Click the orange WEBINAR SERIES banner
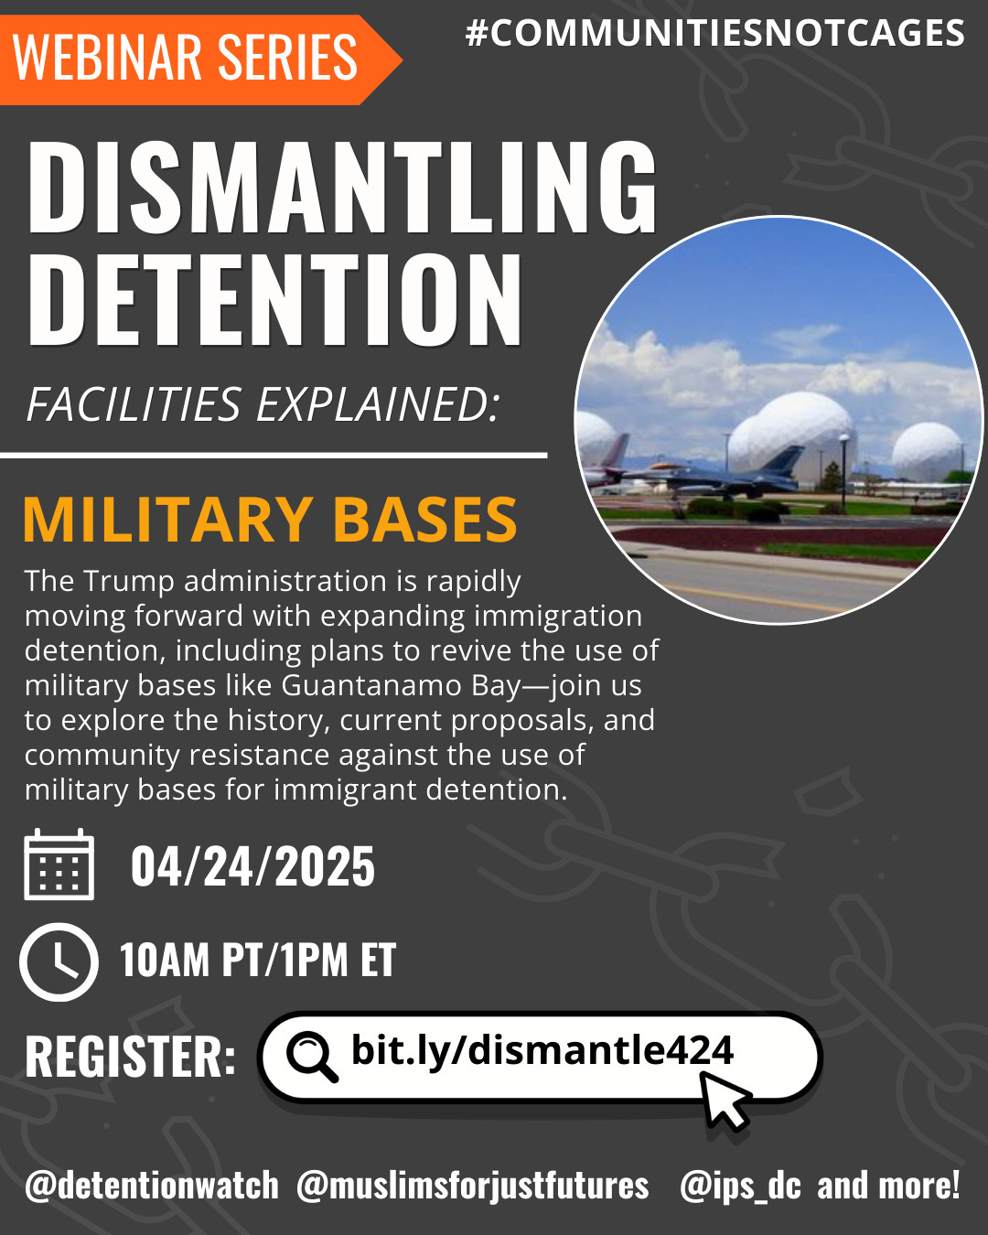click(x=201, y=59)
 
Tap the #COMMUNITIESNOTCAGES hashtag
click(x=714, y=33)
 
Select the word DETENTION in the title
click(x=274, y=299)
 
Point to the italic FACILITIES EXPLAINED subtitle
click(x=263, y=404)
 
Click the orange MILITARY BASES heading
click(x=270, y=520)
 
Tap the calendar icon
click(x=59, y=864)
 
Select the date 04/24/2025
click(x=252, y=866)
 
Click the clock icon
click(x=59, y=962)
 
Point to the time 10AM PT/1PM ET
click(x=258, y=960)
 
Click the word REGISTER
click(x=130, y=1058)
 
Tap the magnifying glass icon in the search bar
click(x=312, y=1057)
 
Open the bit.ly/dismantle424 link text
click(x=542, y=1051)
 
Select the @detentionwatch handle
click(x=152, y=1186)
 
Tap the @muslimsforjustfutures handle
click(x=472, y=1187)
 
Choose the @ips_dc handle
click(x=740, y=1187)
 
